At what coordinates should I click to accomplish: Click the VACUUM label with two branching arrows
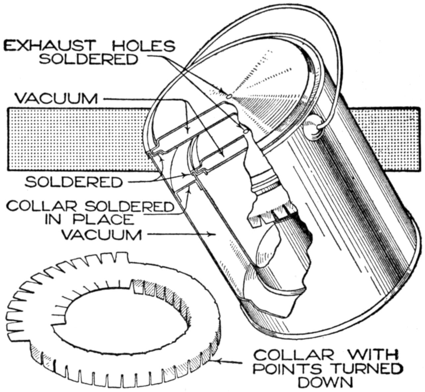coord(56,98)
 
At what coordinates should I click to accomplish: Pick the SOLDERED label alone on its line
coord(74,182)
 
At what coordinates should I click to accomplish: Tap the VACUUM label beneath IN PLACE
coord(102,235)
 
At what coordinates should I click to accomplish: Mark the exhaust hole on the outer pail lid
coord(229,96)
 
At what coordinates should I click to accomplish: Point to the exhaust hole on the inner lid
coord(246,131)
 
